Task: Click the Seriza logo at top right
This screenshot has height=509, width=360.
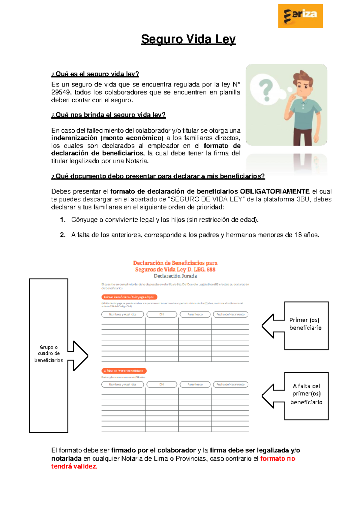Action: (300, 16)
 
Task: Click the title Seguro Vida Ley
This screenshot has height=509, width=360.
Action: (188, 39)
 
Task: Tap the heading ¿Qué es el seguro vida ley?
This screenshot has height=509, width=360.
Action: (95, 74)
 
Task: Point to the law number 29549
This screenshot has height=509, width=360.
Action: (60, 92)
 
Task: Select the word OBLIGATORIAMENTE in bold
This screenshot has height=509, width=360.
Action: (275, 191)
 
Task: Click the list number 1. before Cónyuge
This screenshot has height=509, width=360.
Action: (63, 220)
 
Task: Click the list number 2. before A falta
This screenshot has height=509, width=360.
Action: (63, 235)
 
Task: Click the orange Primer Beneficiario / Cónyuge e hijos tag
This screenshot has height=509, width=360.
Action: (129, 297)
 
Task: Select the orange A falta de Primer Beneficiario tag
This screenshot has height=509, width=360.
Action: (124, 371)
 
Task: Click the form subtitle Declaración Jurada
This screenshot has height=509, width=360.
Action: (175, 276)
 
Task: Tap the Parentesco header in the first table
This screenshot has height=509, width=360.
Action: (195, 314)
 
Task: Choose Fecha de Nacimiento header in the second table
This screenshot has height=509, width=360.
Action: (230, 384)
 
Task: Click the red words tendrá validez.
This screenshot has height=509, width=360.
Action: (74, 466)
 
